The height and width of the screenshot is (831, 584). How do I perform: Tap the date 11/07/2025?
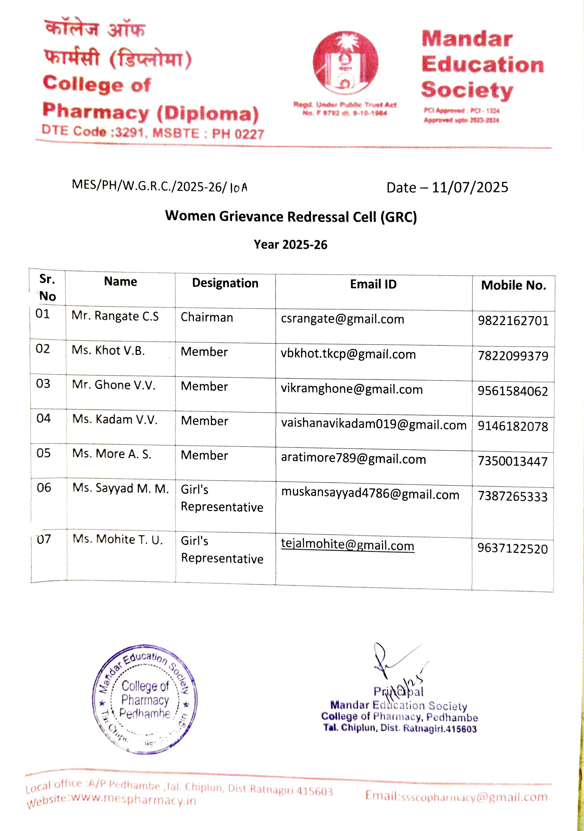470,188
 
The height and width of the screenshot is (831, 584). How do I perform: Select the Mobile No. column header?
513,285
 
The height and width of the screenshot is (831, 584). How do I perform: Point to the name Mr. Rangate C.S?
115,316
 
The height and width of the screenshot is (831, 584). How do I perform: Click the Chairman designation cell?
207,317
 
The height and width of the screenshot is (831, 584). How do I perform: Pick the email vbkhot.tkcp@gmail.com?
348,354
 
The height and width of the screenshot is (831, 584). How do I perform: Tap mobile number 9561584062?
513,391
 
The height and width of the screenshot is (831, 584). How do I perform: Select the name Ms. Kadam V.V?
115,419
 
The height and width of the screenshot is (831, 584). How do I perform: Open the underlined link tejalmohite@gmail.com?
347,545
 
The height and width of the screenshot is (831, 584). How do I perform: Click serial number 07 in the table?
44,539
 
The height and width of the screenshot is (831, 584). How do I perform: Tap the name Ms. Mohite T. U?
117,539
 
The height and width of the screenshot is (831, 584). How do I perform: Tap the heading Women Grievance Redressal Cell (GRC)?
291,217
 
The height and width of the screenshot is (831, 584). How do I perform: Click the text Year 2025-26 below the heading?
291,245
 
